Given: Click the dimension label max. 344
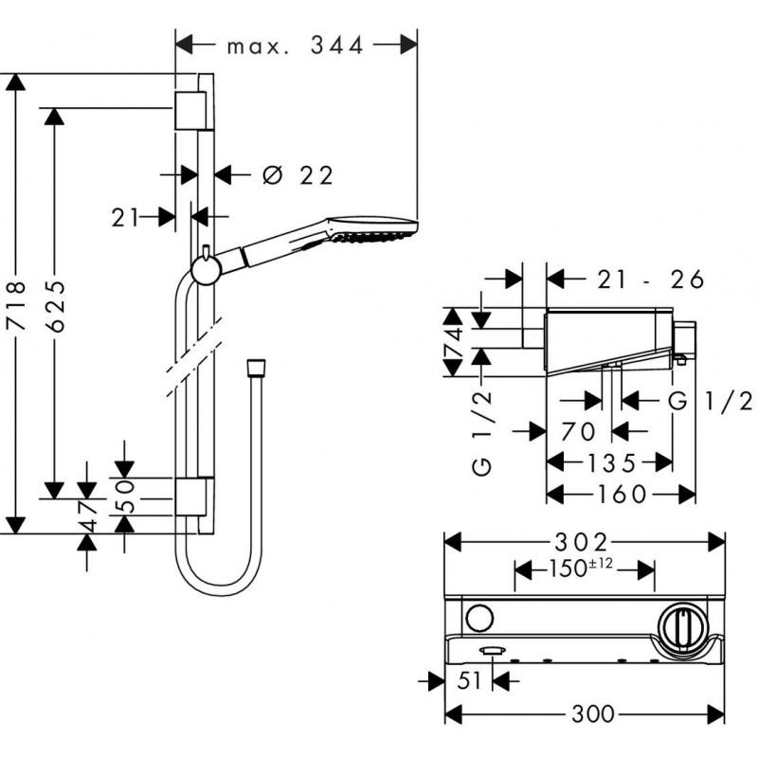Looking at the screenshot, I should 296,45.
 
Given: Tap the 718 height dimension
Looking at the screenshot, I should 15,302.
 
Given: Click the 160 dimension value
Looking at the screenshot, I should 621,494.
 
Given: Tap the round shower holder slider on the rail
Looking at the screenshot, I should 206,269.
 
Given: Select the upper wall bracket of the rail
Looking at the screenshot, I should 191,111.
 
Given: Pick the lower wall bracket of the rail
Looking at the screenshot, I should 191,496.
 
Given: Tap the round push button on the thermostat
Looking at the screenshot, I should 478,621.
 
